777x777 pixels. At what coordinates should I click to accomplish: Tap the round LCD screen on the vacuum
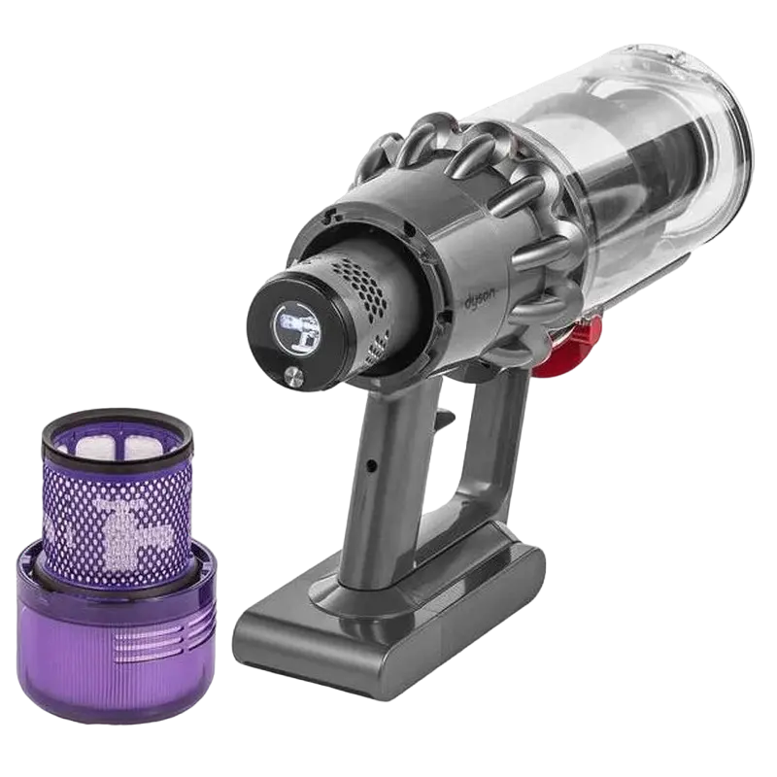pyautogui.click(x=297, y=329)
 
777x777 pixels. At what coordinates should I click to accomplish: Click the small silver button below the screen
pyautogui.click(x=289, y=375)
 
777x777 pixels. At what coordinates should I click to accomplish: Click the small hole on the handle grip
pyautogui.click(x=371, y=464)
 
